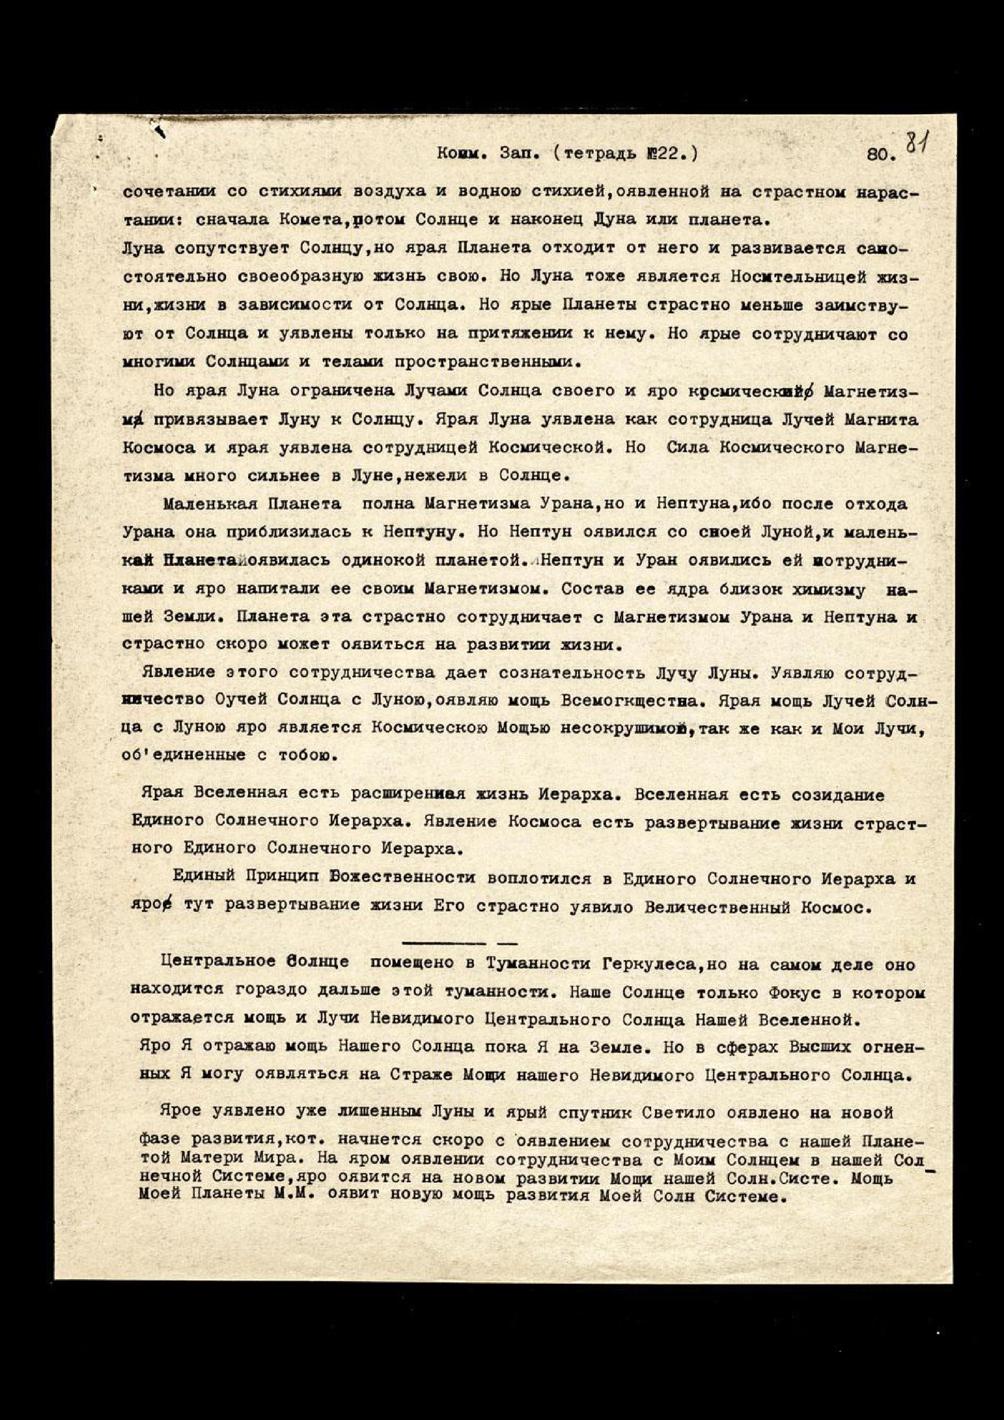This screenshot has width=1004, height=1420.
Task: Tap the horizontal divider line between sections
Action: point(459,942)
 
